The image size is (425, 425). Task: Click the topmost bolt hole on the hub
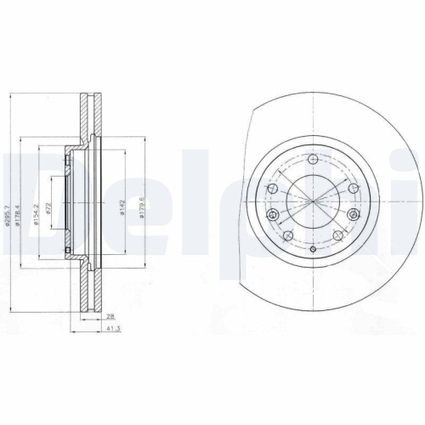[314, 160]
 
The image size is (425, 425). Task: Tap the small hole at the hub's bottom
[314, 248]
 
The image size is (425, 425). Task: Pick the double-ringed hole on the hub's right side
[354, 215]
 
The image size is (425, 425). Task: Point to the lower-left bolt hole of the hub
[289, 234]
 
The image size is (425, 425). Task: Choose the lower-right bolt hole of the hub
[337, 234]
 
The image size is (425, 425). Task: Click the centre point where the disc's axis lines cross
[314, 204]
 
